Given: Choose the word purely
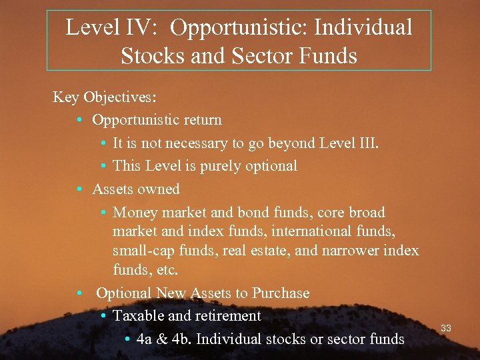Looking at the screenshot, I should coord(213,165).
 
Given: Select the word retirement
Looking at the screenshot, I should coord(225,315).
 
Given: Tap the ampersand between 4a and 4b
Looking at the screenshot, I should coord(163,339).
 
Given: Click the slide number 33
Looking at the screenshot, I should coord(446,328).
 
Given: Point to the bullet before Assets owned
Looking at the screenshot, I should coord(79,189).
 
